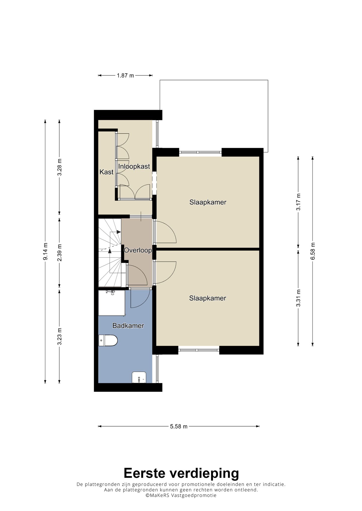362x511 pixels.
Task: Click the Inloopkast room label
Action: [x=134, y=166]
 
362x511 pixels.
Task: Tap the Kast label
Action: [x=106, y=172]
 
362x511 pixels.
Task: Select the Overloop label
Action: [x=138, y=250]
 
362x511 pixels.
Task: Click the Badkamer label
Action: [x=128, y=326]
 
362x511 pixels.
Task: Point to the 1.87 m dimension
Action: [x=125, y=75]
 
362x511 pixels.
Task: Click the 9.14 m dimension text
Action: [x=45, y=252]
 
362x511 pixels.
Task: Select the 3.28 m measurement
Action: [x=59, y=168]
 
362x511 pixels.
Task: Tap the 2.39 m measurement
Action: [x=59, y=253]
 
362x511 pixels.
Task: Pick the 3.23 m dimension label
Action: [x=59, y=336]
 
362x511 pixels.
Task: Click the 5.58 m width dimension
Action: [x=179, y=426]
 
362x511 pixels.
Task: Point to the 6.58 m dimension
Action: [x=312, y=251]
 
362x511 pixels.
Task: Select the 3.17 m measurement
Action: [x=298, y=202]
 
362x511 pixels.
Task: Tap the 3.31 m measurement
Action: [x=298, y=298]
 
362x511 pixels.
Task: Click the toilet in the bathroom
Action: [x=108, y=340]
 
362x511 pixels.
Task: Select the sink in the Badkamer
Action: [x=139, y=377]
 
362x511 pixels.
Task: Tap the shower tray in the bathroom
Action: [x=112, y=303]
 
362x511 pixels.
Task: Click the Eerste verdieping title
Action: [x=181, y=473]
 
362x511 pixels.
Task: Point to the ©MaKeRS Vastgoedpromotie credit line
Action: [x=181, y=495]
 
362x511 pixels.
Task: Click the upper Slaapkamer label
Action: [x=208, y=202]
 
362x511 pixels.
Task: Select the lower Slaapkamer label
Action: [x=208, y=298]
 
